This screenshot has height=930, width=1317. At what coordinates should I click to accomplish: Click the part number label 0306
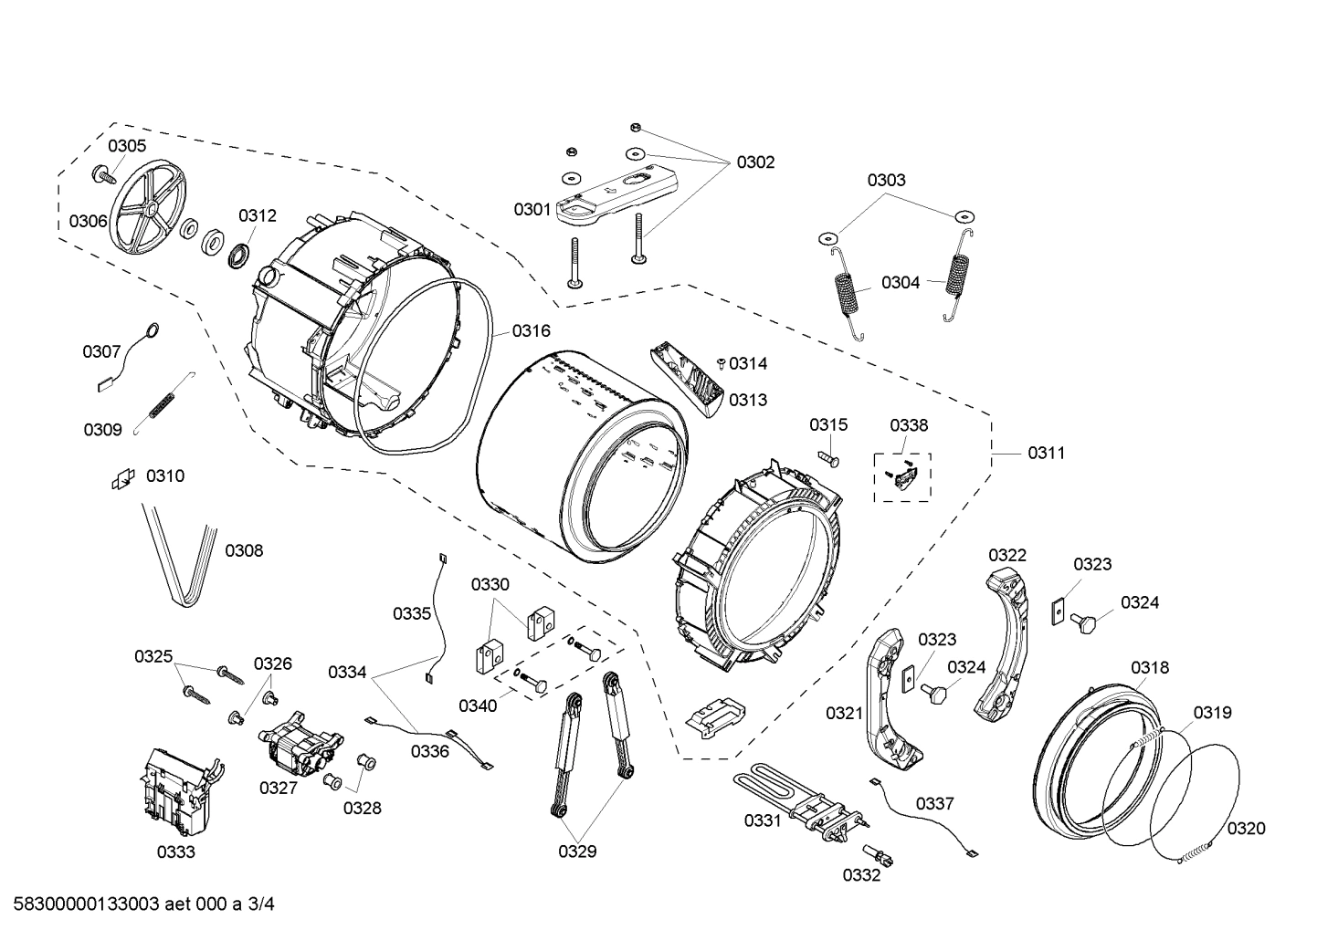tap(88, 221)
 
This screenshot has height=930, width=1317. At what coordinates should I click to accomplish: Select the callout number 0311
tap(1046, 453)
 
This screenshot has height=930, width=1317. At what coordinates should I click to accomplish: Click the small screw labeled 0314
tap(722, 363)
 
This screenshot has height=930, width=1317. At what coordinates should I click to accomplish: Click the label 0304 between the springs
tap(901, 283)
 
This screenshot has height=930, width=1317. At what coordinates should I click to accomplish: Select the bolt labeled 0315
tap(827, 455)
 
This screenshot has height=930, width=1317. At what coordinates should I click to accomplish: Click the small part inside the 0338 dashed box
tap(904, 476)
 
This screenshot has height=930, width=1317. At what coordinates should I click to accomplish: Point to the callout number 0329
tap(577, 852)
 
